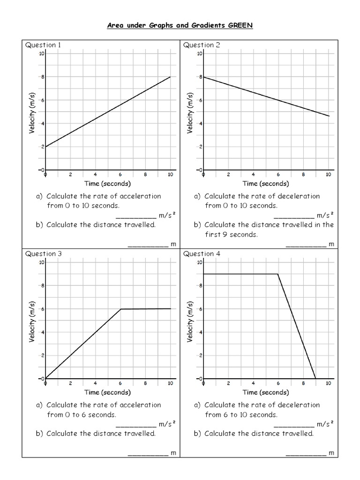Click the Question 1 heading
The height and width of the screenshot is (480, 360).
(43, 45)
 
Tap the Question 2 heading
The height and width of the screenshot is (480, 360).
(201, 45)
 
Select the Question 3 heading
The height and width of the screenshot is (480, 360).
(43, 254)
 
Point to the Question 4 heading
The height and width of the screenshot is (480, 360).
(201, 254)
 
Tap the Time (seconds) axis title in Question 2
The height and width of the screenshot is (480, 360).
(266, 183)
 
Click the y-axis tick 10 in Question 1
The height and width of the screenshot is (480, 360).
(42, 53)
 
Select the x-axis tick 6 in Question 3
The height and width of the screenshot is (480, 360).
(120, 383)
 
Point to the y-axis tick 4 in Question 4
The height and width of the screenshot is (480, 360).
(200, 332)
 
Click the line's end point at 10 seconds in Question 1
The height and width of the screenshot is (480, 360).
(170, 77)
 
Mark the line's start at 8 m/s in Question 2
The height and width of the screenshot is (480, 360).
(203, 77)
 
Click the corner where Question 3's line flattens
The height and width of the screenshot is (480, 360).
(121, 309)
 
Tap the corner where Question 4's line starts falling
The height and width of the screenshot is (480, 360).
(278, 274)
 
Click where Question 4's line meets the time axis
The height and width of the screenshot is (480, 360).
(315, 378)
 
